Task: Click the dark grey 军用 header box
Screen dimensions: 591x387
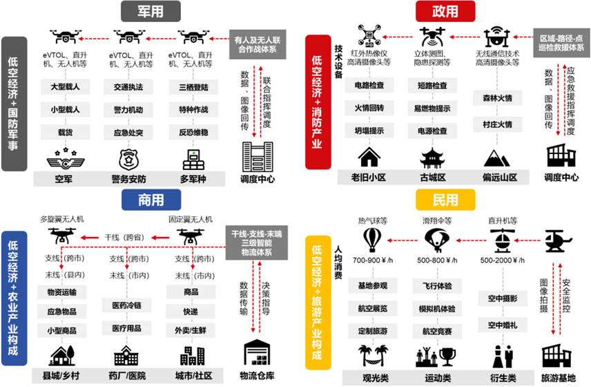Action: click(150, 11)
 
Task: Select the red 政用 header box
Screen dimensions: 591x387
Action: click(445, 11)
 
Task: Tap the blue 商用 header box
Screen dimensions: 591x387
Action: click(151, 200)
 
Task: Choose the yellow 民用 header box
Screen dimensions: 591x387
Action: click(445, 200)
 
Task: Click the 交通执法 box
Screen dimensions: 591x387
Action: click(128, 88)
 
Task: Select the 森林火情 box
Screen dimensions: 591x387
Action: click(496, 98)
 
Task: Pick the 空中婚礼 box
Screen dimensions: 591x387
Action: click(502, 325)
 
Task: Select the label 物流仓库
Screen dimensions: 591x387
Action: click(255, 376)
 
